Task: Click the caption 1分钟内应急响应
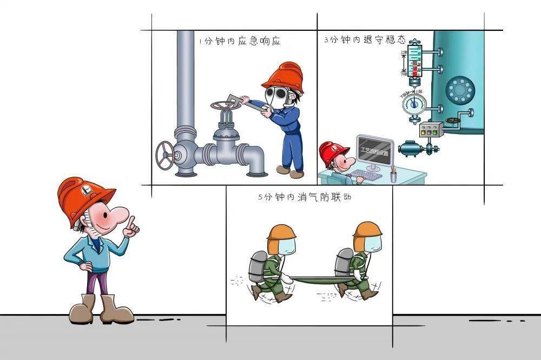239,42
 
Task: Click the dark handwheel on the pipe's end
164,155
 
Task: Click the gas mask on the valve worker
278,98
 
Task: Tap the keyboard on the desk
366,175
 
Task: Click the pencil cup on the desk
393,175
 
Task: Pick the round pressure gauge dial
414,103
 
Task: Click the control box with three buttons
431,130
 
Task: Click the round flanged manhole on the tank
459,89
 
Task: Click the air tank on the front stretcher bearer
259,265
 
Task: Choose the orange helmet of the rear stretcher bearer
368,229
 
